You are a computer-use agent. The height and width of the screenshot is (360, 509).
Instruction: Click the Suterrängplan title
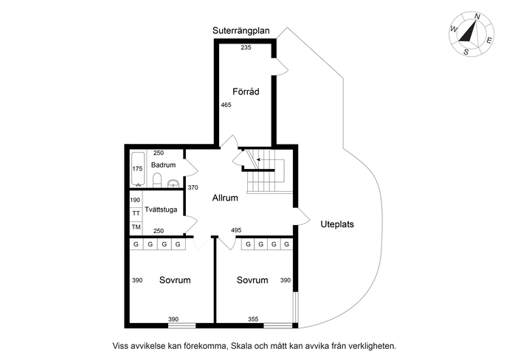[x=241, y=31]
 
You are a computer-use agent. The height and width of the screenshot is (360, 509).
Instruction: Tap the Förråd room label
[x=245, y=91]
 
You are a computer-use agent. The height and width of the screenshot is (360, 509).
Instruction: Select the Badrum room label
[x=163, y=165]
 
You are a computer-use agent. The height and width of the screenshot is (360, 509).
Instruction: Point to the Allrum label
[x=225, y=198]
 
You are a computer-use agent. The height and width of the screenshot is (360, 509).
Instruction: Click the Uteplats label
[x=337, y=224]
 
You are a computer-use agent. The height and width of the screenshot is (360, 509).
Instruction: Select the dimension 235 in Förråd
[x=246, y=47]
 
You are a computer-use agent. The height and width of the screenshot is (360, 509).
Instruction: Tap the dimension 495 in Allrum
[x=237, y=231]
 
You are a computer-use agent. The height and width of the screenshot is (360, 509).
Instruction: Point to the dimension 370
[x=193, y=188]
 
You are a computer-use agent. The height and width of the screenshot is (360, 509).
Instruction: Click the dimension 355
[x=253, y=319]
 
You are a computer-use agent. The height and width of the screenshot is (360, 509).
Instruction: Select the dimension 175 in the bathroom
[x=136, y=169]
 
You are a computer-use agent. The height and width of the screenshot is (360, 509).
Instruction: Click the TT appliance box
[x=136, y=213]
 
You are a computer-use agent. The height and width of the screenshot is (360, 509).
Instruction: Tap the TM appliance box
[x=136, y=227]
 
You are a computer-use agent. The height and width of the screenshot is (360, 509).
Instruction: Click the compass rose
[x=470, y=34]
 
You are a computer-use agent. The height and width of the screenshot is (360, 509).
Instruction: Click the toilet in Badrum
[x=171, y=183]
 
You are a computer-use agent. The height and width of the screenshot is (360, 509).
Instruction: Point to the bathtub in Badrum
[x=137, y=170]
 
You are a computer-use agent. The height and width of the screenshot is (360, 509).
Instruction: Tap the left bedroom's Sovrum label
[x=175, y=280]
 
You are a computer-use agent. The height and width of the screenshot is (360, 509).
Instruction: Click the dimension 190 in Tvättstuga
[x=136, y=200]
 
